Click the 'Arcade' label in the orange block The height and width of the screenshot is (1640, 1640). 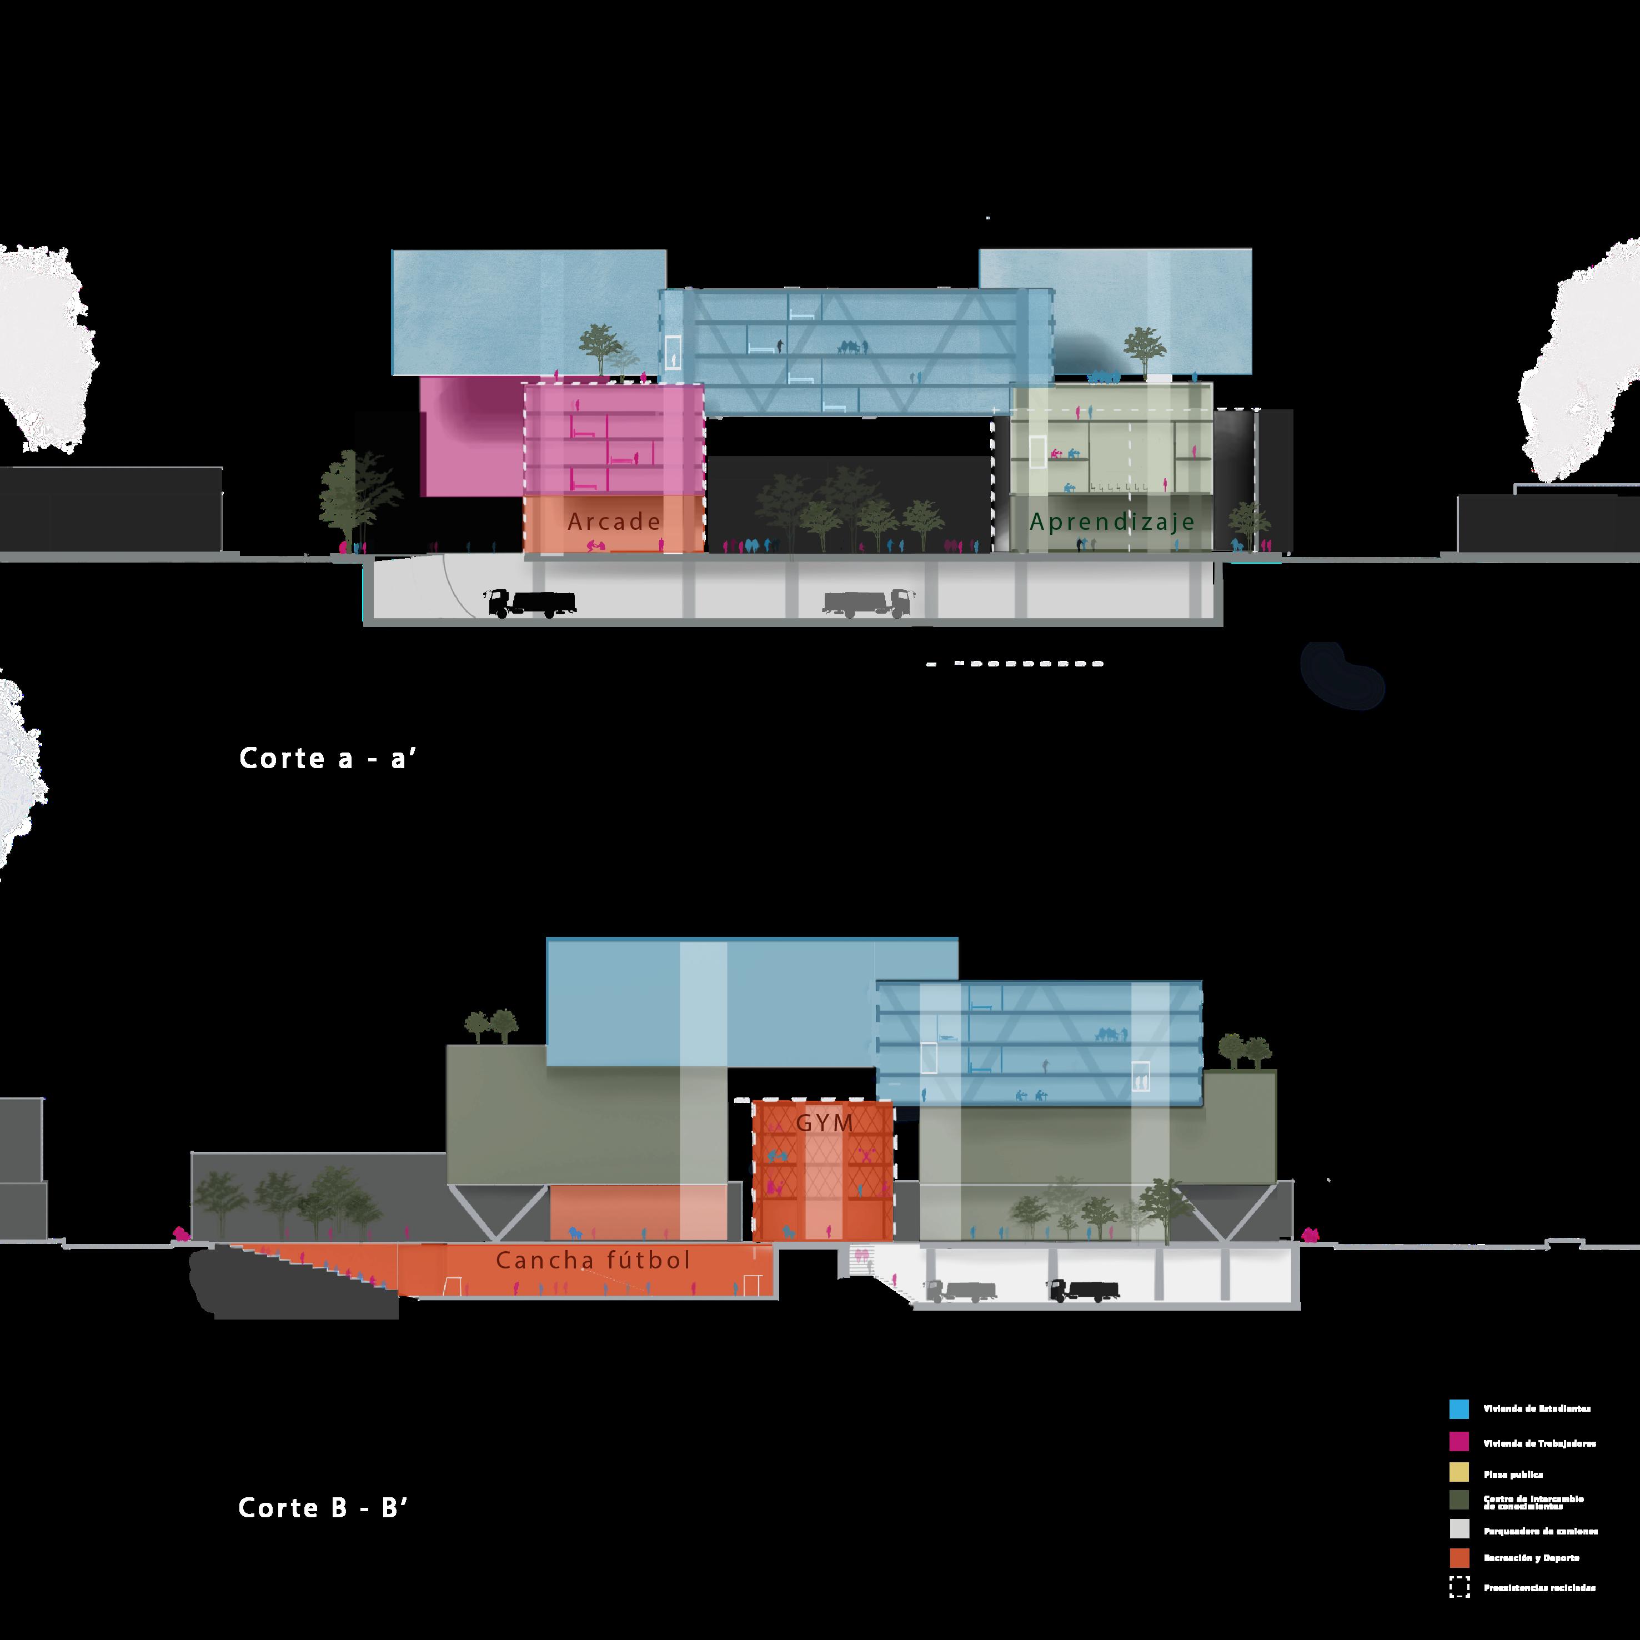614,521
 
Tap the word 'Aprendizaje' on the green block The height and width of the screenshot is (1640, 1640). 1112,521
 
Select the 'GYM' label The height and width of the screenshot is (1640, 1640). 824,1123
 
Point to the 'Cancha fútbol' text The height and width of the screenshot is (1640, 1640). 593,1261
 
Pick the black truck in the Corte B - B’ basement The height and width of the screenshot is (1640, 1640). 1078,1290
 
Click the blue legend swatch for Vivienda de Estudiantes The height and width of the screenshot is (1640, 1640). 1459,1409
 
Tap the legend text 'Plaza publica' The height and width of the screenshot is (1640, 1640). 1513,1475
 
